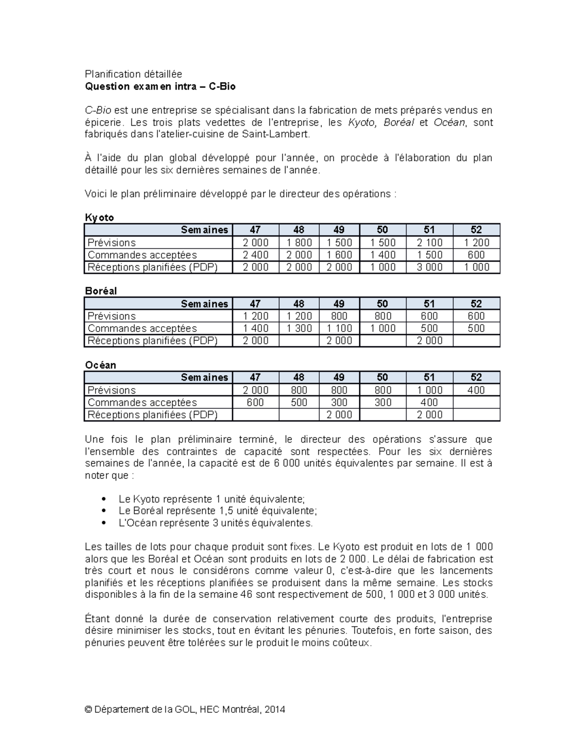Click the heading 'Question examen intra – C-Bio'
tap(160, 86)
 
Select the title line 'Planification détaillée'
tap(133, 74)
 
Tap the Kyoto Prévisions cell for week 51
tap(429, 242)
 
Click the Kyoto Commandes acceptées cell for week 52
tap(476, 255)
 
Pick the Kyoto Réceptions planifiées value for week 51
tap(429, 267)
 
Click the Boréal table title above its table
tap(101, 291)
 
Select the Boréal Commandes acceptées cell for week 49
tap(339, 328)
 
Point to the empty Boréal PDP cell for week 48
tap(299, 341)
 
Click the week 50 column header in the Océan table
tap(382, 378)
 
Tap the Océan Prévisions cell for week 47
tap(255, 390)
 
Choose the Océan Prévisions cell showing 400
tap(476, 390)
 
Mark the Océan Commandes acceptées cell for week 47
tap(255, 402)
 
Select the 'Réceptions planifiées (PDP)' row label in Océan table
tap(153, 414)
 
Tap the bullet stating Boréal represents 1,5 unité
tap(218, 511)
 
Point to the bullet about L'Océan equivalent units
tap(215, 523)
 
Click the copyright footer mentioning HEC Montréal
tap(185, 709)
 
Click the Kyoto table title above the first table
tap(99, 217)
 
